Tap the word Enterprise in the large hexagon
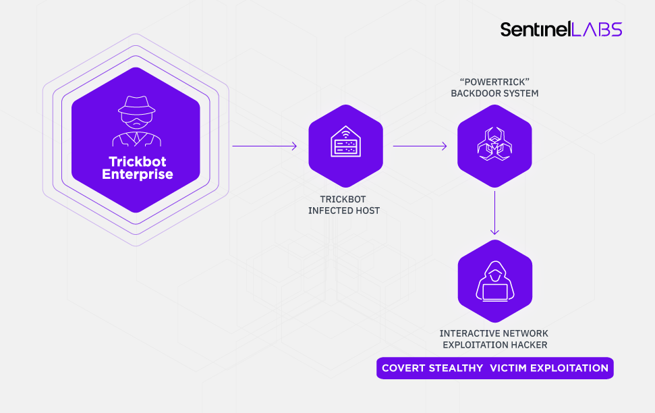point(137,175)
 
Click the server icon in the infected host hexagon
point(345,144)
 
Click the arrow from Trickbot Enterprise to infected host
point(264,146)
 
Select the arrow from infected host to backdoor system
point(420,146)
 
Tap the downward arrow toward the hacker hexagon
point(495,213)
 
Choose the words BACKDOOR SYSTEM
point(494,93)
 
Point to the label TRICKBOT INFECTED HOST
point(344,205)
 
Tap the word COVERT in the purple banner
point(403,368)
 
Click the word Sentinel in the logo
point(535,29)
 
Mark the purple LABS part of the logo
point(597,29)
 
